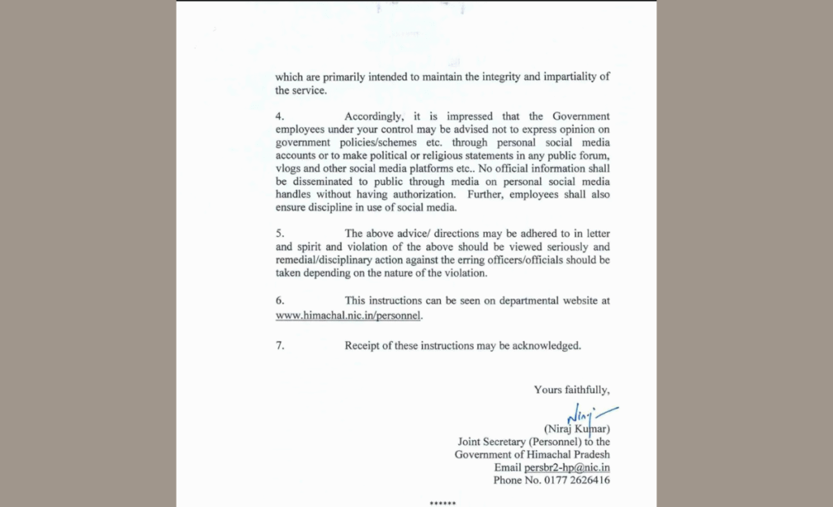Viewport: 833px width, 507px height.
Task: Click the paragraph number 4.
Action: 279,116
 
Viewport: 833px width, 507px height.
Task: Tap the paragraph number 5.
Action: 279,234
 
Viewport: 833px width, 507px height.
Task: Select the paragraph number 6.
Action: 279,300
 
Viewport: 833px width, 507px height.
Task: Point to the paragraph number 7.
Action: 279,345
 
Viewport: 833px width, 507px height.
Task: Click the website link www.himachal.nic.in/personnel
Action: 349,314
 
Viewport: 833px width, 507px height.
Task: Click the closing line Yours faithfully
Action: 571,390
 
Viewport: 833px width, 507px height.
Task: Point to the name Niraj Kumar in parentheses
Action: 576,429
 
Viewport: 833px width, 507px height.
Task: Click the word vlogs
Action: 289,168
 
